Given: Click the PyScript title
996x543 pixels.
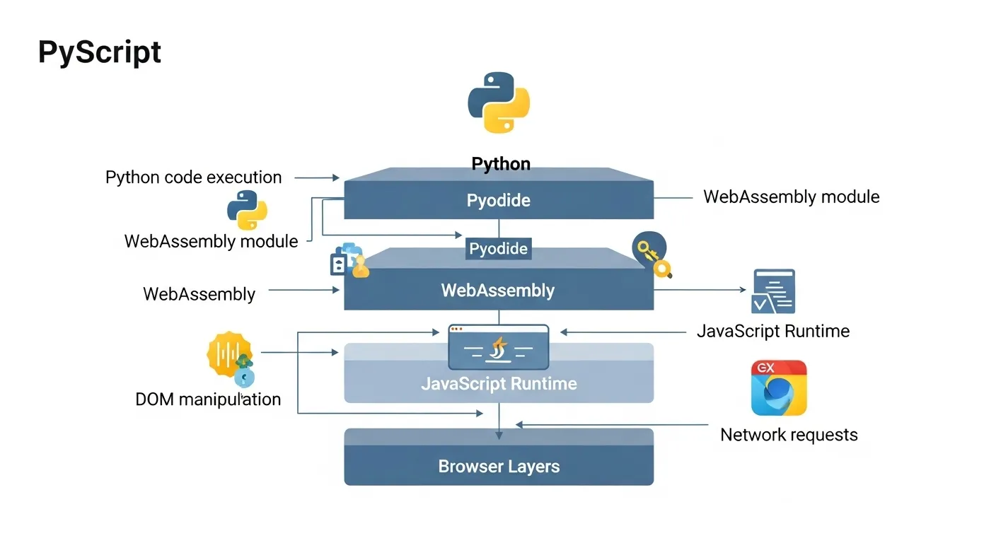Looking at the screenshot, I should (x=100, y=52).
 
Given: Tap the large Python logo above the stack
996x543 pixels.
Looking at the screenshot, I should (x=499, y=102).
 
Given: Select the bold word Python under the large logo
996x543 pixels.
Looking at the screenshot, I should (x=501, y=164).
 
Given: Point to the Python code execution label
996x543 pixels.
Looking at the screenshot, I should (x=193, y=177).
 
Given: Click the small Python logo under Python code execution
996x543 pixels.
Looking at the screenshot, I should (x=247, y=210).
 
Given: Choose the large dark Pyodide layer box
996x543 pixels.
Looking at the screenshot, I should (x=499, y=199).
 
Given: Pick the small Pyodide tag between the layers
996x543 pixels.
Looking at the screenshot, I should (x=499, y=249).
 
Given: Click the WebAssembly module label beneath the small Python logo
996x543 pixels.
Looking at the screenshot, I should (x=211, y=241).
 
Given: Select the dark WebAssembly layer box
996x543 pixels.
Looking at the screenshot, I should (x=498, y=290).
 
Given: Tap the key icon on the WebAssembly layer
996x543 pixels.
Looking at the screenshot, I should (x=652, y=254).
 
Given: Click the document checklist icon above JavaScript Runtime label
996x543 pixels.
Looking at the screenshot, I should (x=773, y=291).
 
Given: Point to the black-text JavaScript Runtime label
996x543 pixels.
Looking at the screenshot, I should (x=773, y=331).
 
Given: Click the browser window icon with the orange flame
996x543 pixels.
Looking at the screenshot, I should (x=499, y=347).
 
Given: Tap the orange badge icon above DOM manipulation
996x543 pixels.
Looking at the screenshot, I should (x=229, y=354).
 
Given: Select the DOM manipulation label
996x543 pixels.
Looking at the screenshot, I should (x=208, y=399).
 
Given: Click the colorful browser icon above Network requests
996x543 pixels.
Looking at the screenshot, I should (x=779, y=387).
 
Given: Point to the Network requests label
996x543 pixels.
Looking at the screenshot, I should (x=789, y=434).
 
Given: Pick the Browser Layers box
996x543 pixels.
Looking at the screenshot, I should (x=499, y=466).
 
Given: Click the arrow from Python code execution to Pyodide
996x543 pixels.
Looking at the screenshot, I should (x=317, y=177).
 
